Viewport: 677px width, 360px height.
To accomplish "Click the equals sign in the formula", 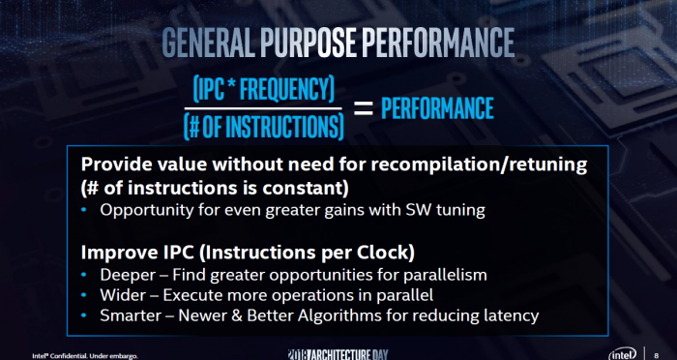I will click(363, 108).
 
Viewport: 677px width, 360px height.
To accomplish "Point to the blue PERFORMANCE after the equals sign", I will click(437, 107).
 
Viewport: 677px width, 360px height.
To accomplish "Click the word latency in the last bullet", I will click(507, 315).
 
